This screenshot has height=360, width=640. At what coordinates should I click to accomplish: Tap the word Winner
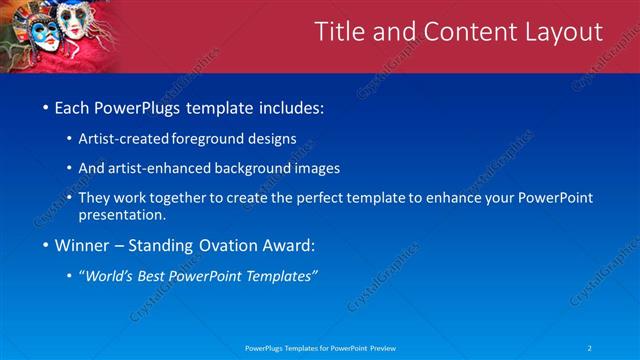(84, 244)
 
